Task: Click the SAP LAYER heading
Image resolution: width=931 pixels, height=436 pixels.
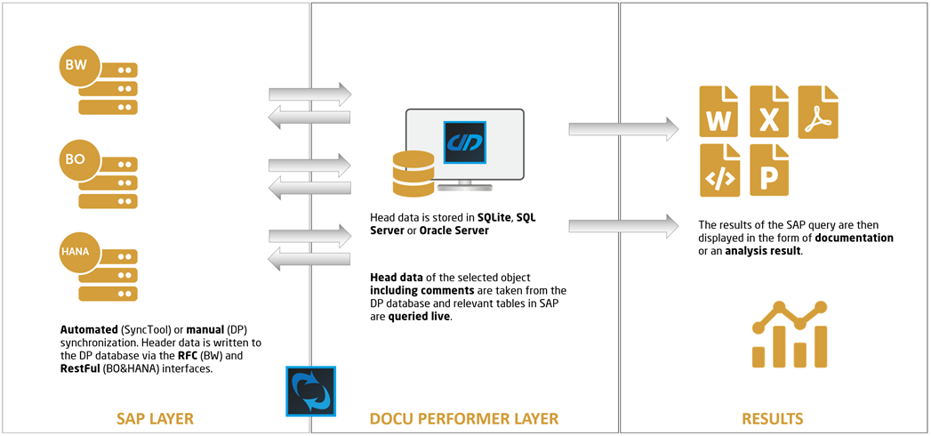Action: click(156, 418)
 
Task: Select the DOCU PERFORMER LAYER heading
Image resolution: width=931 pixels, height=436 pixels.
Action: click(464, 418)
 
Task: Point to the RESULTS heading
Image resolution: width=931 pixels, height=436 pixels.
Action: click(773, 418)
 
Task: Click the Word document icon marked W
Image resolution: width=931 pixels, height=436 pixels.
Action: click(719, 111)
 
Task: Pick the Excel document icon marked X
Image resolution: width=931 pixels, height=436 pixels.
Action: click(770, 111)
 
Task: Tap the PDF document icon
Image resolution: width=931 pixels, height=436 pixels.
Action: click(818, 111)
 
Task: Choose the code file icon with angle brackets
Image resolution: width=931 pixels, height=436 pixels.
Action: click(719, 170)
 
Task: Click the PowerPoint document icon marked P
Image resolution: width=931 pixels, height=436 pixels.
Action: click(770, 170)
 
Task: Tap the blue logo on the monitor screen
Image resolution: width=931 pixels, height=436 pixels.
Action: click(463, 141)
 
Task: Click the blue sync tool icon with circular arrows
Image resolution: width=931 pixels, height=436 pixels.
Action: click(310, 391)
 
